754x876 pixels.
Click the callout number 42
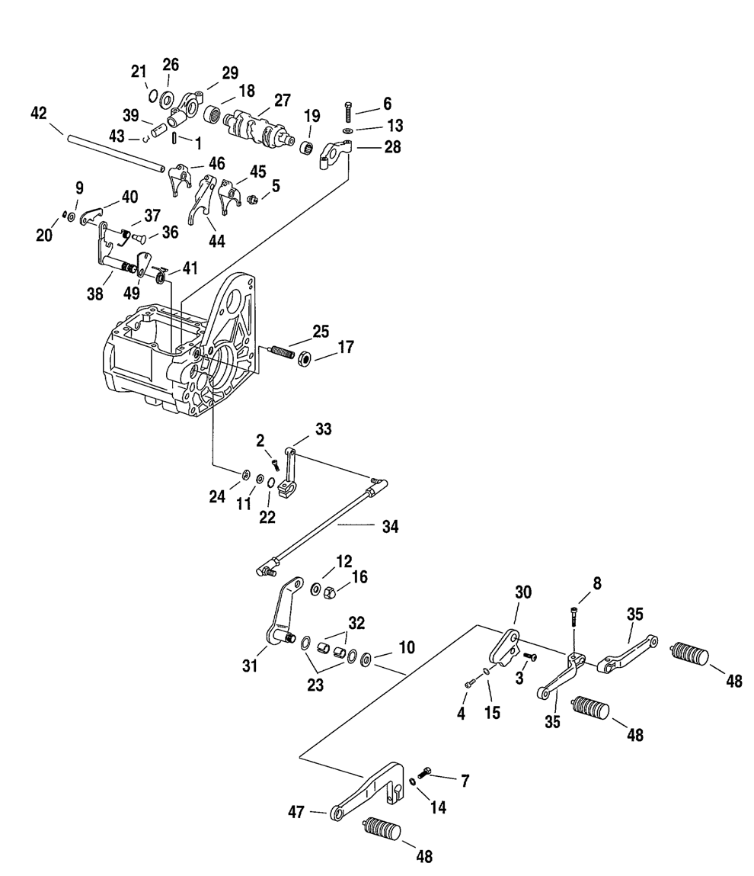coord(39,113)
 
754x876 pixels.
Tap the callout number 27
coord(283,100)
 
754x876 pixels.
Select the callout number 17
coord(346,347)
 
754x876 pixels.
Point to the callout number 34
coord(391,526)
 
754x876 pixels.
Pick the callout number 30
coord(523,592)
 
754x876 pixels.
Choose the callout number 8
coord(596,582)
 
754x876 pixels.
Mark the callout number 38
coord(94,293)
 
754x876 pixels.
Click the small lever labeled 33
coord(288,473)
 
